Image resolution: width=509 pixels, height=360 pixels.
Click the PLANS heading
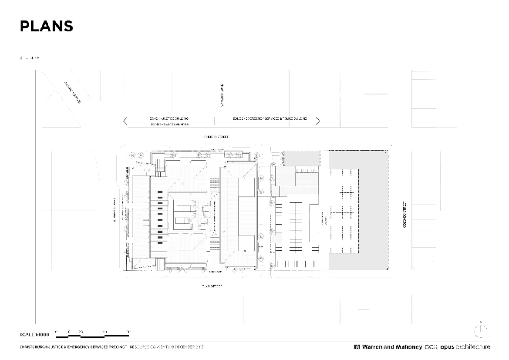(x=46, y=26)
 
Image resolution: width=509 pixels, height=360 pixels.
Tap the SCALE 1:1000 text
(x=35, y=335)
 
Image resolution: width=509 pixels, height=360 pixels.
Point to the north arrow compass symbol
(x=481, y=329)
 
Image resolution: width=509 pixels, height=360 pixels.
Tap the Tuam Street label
(x=212, y=286)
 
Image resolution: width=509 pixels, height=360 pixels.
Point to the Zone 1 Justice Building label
(x=169, y=119)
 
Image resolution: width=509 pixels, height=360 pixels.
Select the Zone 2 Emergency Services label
(x=270, y=119)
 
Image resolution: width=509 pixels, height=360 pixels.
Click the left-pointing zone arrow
(x=125, y=121)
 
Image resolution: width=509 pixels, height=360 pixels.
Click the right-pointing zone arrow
(x=318, y=121)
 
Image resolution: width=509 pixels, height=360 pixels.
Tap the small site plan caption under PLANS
(x=30, y=58)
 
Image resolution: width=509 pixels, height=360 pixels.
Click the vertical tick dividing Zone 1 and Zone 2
(x=215, y=121)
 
